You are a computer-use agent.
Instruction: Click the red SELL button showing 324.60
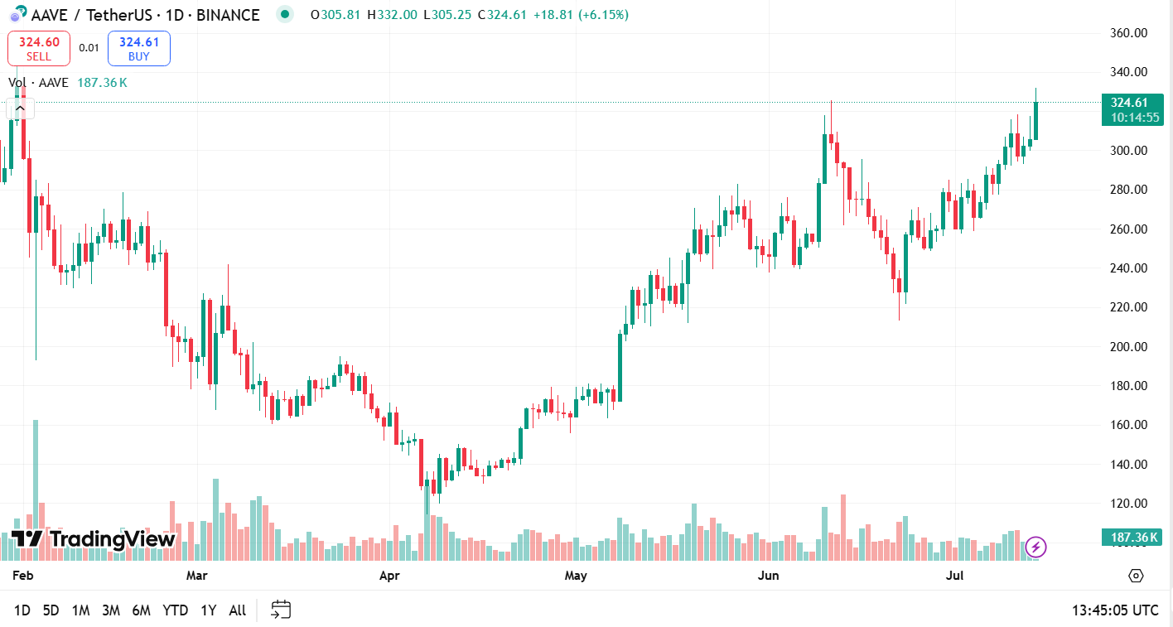pos(39,48)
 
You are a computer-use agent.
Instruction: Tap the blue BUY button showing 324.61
pos(138,48)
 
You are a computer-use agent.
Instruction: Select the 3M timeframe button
pos(111,610)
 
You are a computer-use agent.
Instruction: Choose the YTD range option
pos(175,610)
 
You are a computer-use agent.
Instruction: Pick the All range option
pos(237,610)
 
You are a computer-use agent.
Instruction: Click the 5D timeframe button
pos(51,610)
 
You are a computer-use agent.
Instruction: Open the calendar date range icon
pos(281,610)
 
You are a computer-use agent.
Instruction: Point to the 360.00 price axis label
pos(1128,33)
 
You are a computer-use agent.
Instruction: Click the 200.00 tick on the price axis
pos(1128,346)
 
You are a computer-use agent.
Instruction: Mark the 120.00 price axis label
pos(1128,503)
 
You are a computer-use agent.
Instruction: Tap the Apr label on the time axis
pos(389,575)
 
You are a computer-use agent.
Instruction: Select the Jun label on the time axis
pos(769,575)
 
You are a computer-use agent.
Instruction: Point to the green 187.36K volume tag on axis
pos(1132,538)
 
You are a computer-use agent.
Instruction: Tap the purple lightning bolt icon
pos(1035,547)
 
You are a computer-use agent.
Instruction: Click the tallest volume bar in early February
pos(36,489)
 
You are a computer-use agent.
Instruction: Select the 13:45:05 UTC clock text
pos(1115,610)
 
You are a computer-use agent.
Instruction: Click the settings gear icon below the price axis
pos(1136,576)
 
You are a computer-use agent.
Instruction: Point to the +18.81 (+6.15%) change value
pos(581,15)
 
